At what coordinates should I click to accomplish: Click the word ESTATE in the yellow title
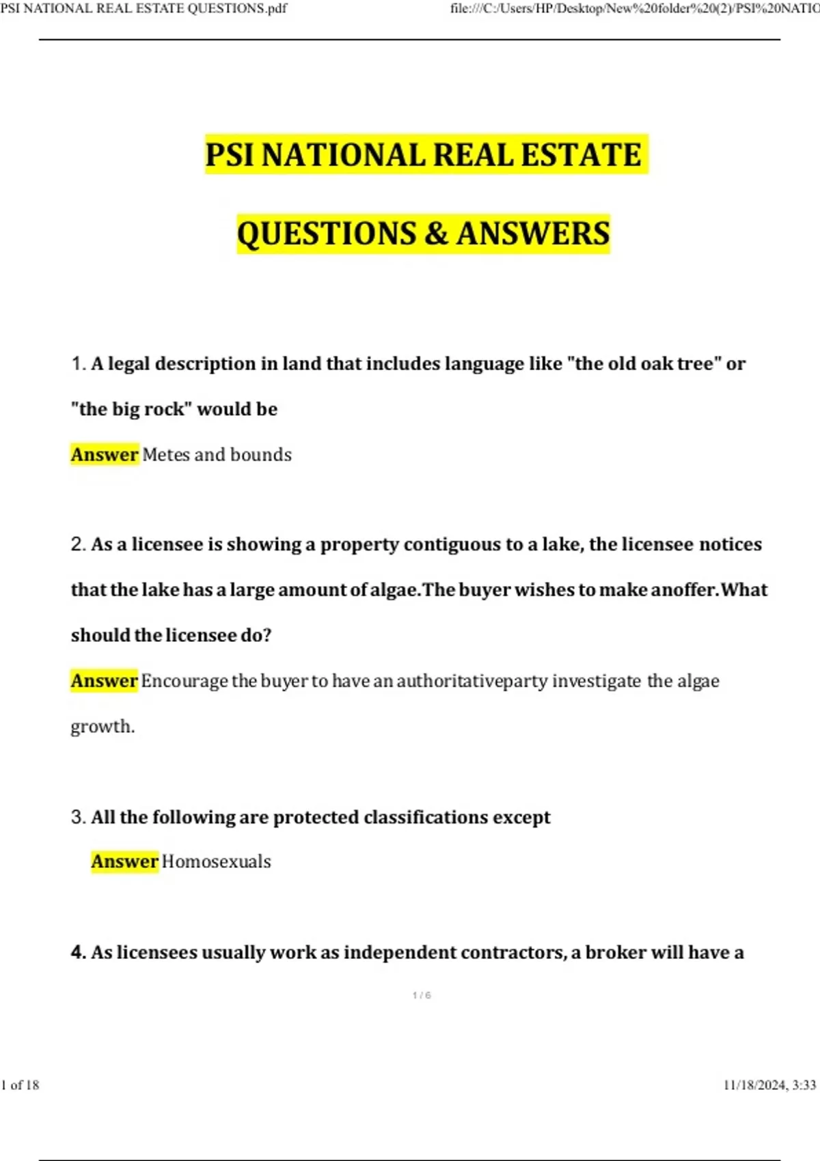point(581,154)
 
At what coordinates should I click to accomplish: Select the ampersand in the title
point(435,234)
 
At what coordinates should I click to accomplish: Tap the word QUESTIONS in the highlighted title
point(327,234)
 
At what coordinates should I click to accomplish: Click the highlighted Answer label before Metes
point(105,455)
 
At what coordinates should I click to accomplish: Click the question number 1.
point(77,364)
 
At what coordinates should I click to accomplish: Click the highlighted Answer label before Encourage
point(105,681)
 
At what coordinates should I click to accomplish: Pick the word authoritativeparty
point(471,681)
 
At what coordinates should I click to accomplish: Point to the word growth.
point(102,727)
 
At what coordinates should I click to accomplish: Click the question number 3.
point(77,817)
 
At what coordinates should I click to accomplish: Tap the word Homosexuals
point(216,862)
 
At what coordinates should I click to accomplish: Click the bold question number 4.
point(78,953)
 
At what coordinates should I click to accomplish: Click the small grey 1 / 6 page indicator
point(422,996)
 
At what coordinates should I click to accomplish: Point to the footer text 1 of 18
point(20,1085)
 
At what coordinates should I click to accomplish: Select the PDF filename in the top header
point(143,8)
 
